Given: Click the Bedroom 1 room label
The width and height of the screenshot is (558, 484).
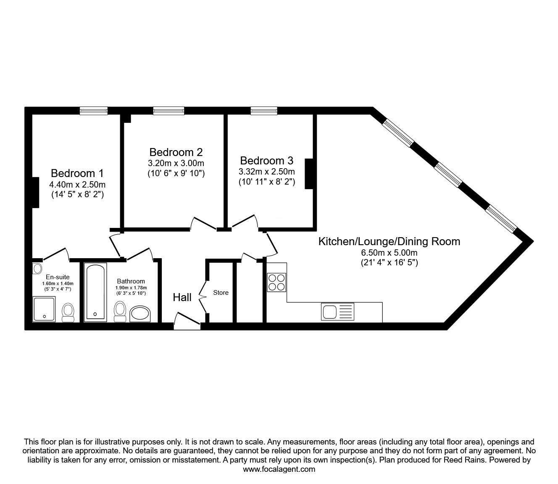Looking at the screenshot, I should [x=77, y=173].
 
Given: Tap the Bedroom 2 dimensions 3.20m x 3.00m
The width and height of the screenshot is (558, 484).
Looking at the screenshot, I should [x=176, y=163].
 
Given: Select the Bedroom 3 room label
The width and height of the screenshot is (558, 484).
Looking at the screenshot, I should [x=266, y=161].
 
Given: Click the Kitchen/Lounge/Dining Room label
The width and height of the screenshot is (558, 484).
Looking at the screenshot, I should [x=389, y=241].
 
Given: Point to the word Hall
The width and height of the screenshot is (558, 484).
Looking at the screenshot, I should [x=182, y=297].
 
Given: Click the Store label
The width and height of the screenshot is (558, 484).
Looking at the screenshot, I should [x=221, y=293].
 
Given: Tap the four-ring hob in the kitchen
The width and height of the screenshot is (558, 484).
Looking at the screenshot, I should [x=276, y=282].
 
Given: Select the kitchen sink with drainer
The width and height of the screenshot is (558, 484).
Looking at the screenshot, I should [x=337, y=312].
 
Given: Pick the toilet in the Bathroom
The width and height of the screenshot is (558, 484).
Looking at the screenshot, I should [x=120, y=311].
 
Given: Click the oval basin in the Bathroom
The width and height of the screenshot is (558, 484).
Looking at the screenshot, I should [x=141, y=314].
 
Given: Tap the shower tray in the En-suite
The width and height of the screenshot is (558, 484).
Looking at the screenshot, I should [x=44, y=309].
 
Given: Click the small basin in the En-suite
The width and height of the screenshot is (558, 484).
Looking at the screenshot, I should [x=37, y=268].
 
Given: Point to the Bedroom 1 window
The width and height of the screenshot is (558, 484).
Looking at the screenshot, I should [x=94, y=111].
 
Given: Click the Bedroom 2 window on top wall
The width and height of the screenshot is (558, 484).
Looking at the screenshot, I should [x=168, y=111].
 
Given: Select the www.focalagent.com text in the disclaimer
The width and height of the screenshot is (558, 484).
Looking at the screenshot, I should [x=279, y=469].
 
